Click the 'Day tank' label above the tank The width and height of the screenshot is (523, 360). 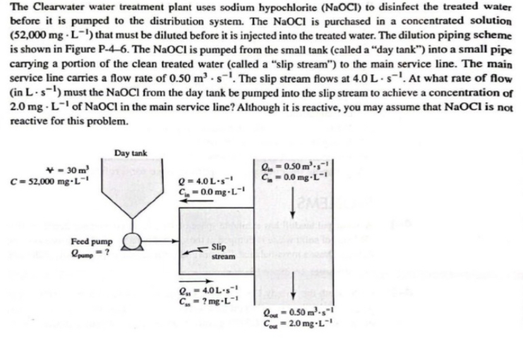131,153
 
